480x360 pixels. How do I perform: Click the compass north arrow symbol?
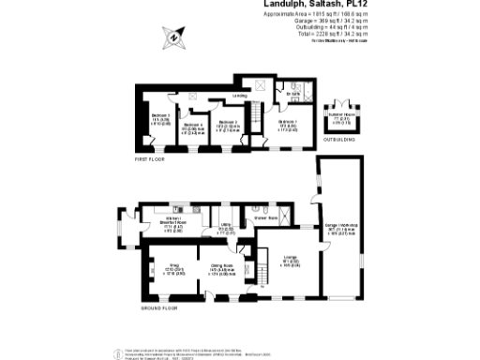coord(174,38)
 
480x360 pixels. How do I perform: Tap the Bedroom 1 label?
coord(288,122)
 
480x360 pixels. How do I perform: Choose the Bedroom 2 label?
coord(228,123)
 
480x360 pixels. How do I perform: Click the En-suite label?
coord(292,96)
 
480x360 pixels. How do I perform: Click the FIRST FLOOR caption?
coord(150,160)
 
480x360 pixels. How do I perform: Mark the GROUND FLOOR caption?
coord(158,307)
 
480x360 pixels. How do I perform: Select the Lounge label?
coord(292,260)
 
